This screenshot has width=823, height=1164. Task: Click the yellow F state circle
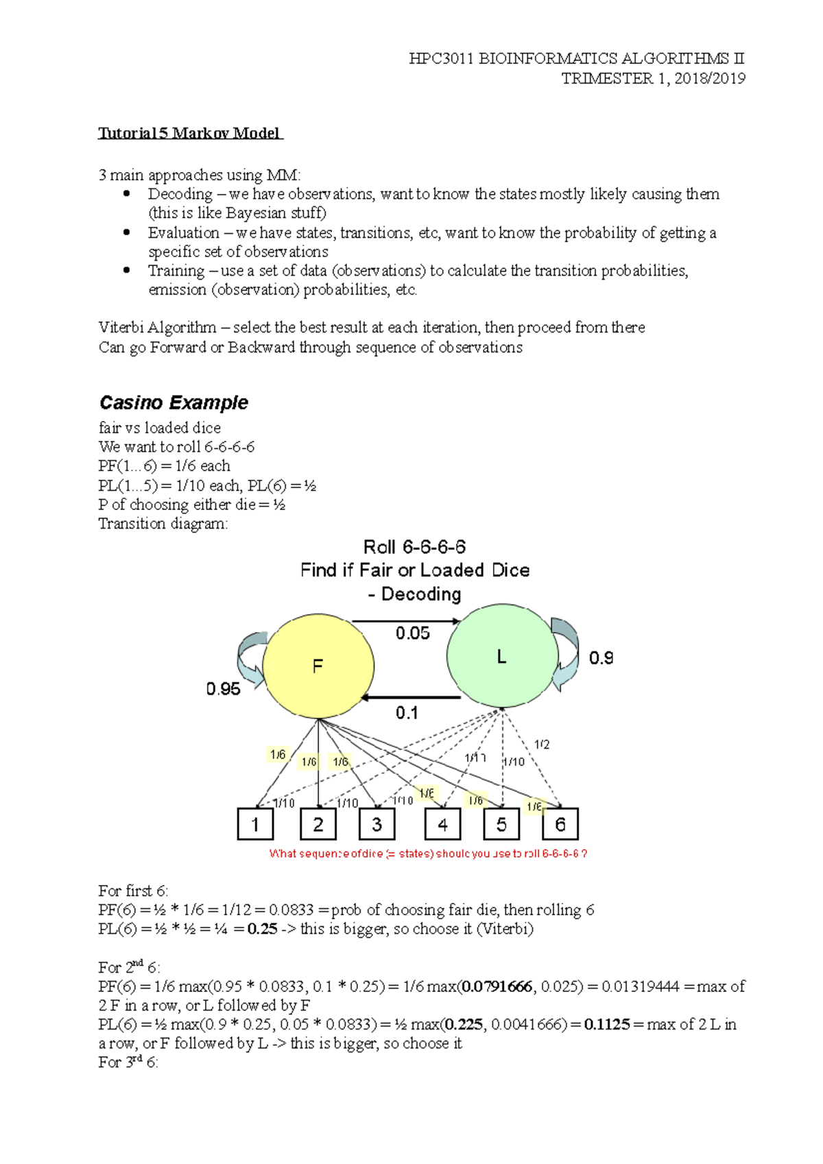coord(318,666)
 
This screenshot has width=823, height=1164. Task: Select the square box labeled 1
coord(255,824)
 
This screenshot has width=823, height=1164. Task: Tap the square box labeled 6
coord(560,824)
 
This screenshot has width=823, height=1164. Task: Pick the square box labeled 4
coord(442,824)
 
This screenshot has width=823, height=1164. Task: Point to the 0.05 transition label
coord(412,633)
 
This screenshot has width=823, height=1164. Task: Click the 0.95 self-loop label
coord(223,689)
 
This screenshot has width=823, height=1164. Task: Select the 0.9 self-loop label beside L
coord(601,658)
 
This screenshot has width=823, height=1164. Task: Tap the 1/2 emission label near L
coord(542,744)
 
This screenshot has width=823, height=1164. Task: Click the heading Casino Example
coord(174,402)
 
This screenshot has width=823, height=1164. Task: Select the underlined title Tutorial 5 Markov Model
coord(190,133)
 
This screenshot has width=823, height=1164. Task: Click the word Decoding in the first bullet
coord(180,194)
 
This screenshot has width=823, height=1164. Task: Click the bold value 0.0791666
coord(497,986)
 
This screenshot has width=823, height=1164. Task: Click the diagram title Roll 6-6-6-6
coord(414,547)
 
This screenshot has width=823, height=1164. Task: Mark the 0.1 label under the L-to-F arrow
coord(407,713)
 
